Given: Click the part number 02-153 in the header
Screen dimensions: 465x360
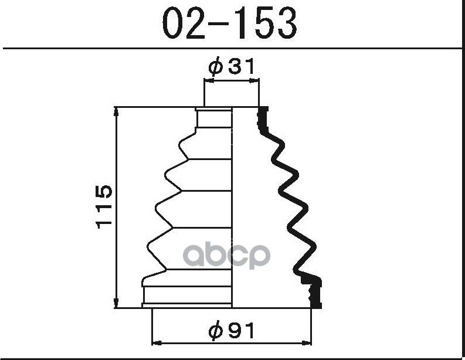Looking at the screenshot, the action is pos(229,23).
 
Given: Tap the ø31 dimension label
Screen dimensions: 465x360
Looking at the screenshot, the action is pos(231,66).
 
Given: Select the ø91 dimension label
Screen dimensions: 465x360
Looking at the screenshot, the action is pos(231,331).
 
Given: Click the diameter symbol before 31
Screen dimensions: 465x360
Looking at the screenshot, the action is pos(215,67).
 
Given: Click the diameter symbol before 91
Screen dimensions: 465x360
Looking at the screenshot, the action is pos(215,331).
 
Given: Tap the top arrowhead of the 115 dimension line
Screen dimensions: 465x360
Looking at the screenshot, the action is pos(117,111).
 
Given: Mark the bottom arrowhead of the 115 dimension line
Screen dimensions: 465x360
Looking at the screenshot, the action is pos(117,304).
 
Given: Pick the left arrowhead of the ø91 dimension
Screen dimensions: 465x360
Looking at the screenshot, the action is pos(157,343).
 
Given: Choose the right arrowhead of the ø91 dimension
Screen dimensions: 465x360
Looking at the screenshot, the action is pos(307,343).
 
